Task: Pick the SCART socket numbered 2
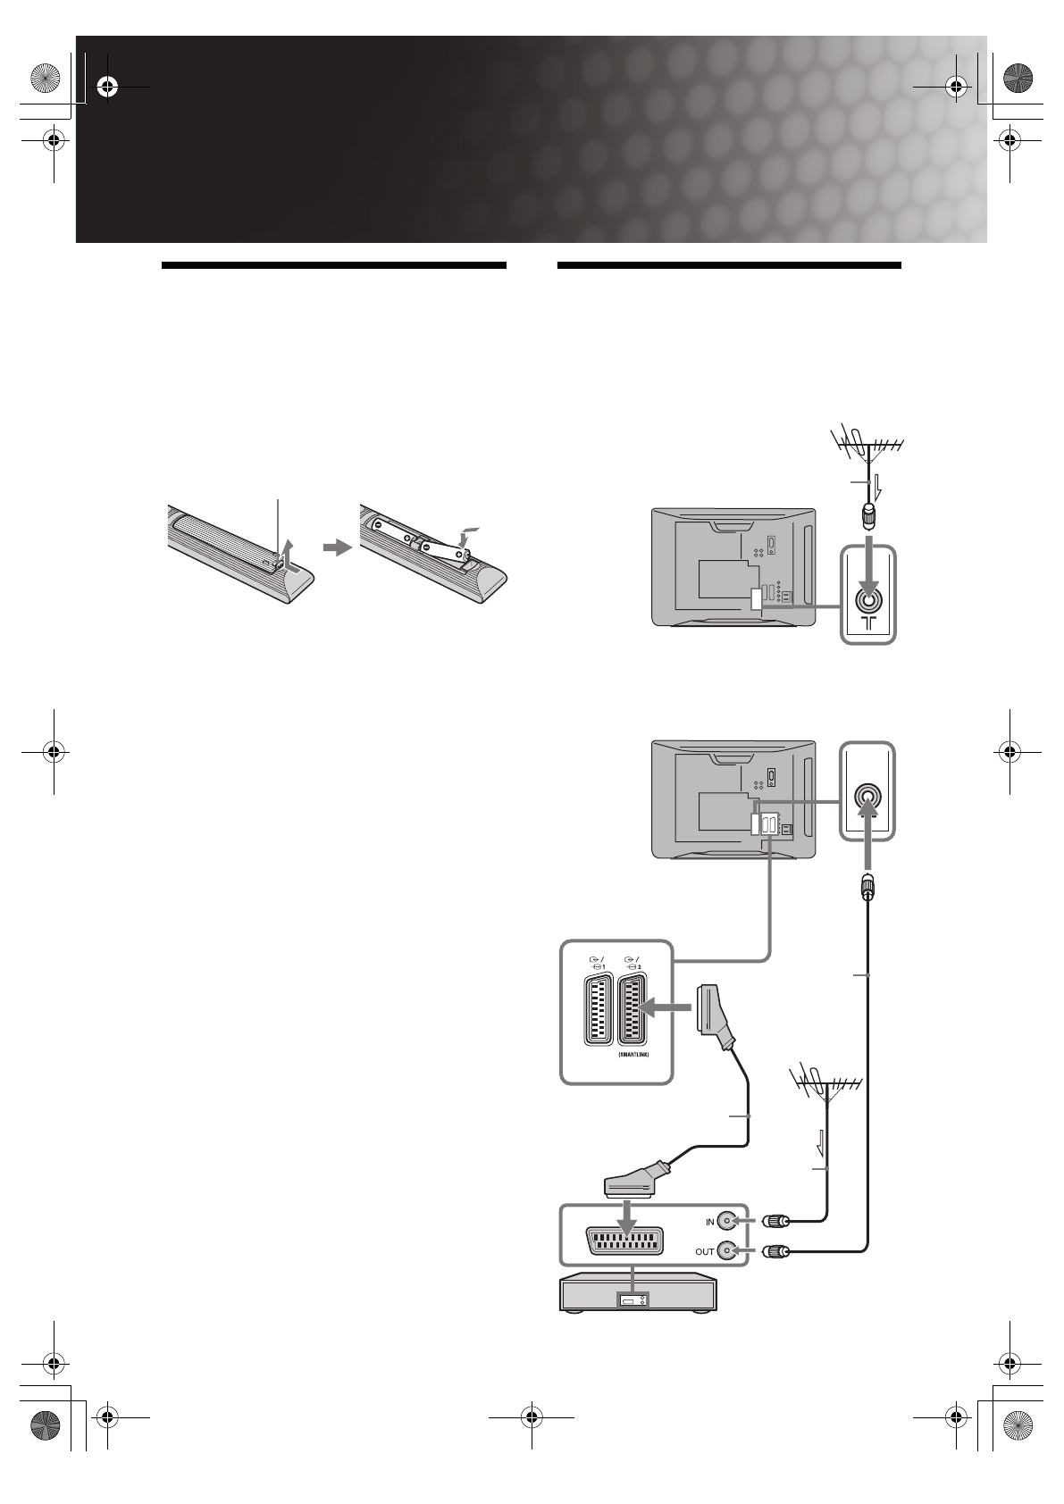click(x=634, y=1010)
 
